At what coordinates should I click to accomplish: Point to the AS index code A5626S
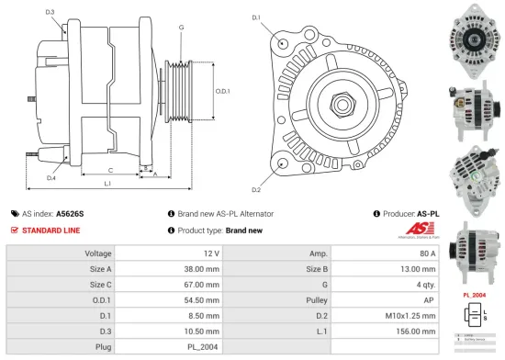[x=70, y=213]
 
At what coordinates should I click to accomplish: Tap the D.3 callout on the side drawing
[x=49, y=12]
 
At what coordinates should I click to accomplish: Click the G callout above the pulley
[x=181, y=28]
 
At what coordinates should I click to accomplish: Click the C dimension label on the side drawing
[x=109, y=171]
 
